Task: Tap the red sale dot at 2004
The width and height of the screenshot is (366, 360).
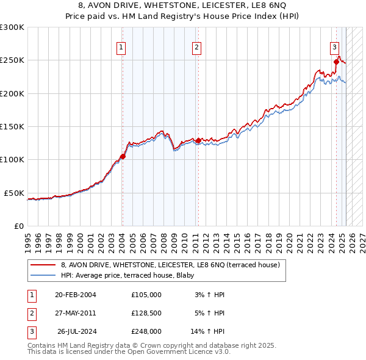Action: pos(123,156)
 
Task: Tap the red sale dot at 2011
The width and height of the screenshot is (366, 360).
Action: pos(198,140)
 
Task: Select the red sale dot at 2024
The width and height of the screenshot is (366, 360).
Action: pos(336,61)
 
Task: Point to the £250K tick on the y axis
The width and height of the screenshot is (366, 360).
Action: pos(12,60)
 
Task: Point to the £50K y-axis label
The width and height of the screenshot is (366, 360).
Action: pos(14,193)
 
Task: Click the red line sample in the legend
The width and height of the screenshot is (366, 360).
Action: pos(43,265)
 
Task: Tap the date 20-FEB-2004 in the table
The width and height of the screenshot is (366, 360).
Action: pos(76,295)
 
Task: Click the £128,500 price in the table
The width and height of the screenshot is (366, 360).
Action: pos(146,313)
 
